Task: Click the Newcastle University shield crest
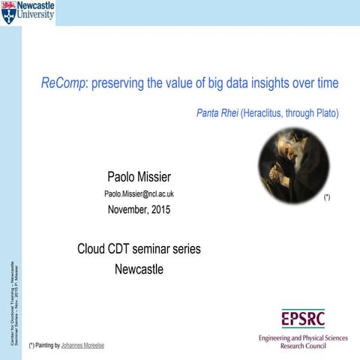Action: [8, 12]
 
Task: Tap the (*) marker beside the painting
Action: [326, 196]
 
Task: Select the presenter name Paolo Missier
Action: [139, 177]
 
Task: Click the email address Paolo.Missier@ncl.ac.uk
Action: [139, 194]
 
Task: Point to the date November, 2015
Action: [139, 210]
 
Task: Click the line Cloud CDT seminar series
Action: [139, 248]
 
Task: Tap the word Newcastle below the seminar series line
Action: [139, 268]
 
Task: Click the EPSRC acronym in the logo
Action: [303, 319]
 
